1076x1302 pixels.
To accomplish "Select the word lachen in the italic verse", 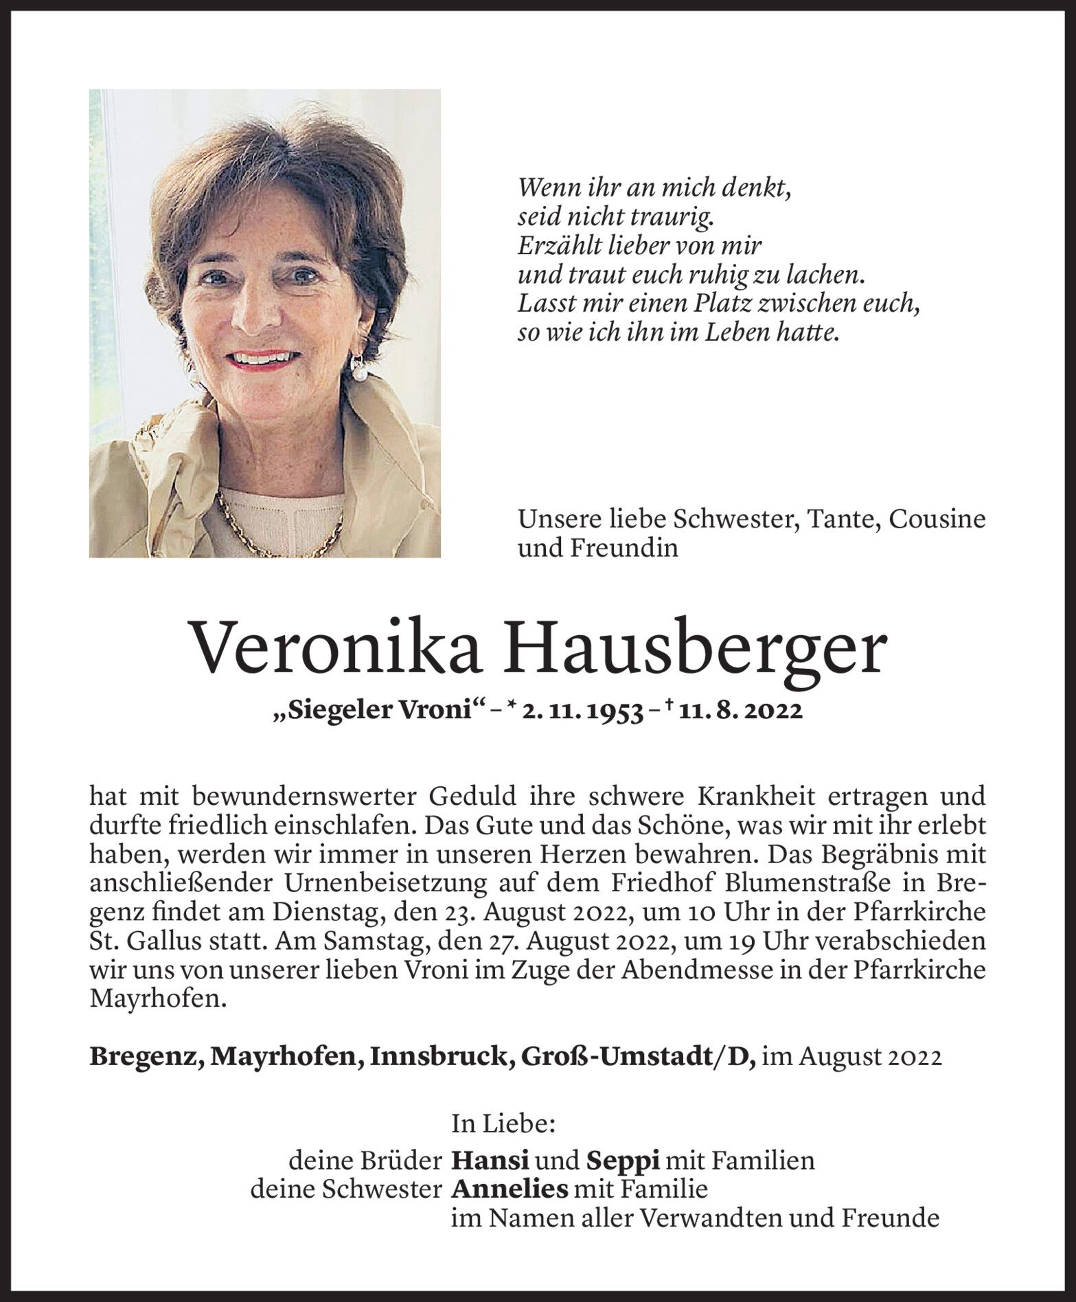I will [x=824, y=275].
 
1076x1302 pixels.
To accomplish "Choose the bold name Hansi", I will [x=490, y=1161].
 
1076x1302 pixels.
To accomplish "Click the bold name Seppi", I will [x=623, y=1161].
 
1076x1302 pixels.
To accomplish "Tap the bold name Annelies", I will [x=510, y=1189].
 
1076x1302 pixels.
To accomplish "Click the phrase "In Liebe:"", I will [x=503, y=1124].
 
